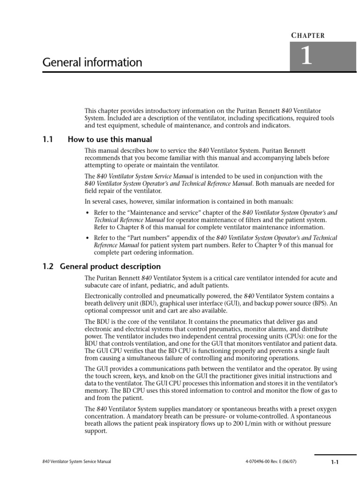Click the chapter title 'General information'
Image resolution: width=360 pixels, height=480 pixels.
92,62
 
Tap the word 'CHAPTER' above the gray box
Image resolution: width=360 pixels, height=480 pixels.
308,35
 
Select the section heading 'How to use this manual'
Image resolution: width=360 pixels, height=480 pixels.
110,139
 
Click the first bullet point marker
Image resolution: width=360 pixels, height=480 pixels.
88,213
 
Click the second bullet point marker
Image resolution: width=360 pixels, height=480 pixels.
88,239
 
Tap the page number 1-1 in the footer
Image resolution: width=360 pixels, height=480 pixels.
334,462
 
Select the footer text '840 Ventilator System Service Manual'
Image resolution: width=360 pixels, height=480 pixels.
76,462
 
